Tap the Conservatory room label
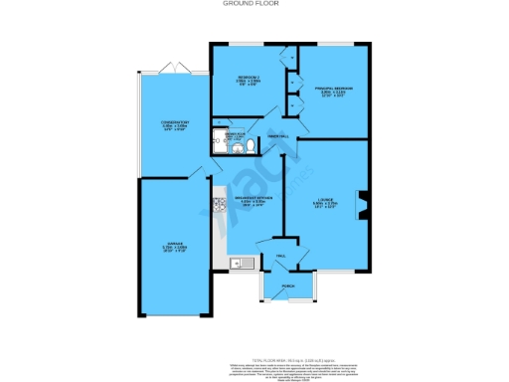(x=175, y=125)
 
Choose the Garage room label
(x=174, y=249)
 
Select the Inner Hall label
(x=277, y=137)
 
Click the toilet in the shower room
(x=251, y=145)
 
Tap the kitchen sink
(x=237, y=264)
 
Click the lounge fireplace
(x=363, y=204)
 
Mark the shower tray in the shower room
(x=219, y=141)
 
